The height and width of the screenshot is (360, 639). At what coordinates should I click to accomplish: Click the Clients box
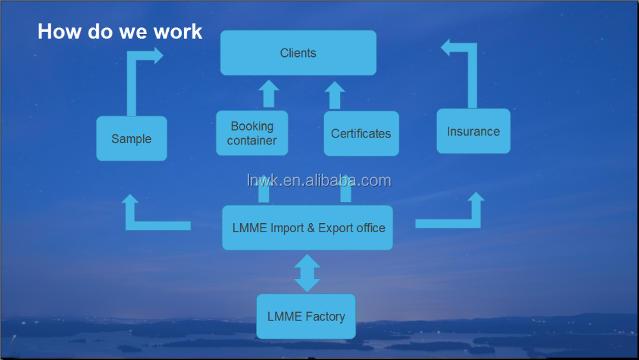[x=298, y=53]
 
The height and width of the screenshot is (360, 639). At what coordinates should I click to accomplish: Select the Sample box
[x=132, y=139]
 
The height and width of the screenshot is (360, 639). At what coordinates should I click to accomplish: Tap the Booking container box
[x=252, y=133]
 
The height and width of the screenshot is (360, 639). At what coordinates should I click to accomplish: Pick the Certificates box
[x=361, y=134]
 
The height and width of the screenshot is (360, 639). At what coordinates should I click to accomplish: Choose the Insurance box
[x=473, y=132]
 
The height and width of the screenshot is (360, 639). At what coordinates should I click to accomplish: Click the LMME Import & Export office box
[x=307, y=228]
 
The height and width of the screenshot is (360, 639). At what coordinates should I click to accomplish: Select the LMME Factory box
[x=306, y=317]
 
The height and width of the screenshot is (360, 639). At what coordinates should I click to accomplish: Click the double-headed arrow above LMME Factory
[x=307, y=273]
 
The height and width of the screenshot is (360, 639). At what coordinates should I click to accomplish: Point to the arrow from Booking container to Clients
[x=269, y=94]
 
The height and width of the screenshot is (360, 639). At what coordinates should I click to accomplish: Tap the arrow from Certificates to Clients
[x=334, y=95]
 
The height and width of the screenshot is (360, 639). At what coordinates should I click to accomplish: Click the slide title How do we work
[x=119, y=31]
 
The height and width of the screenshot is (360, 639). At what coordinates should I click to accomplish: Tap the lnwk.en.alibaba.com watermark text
[x=318, y=181]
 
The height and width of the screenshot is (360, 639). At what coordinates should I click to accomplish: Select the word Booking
[x=252, y=126]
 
